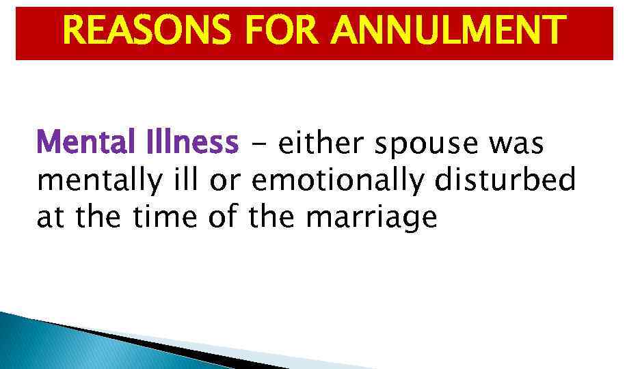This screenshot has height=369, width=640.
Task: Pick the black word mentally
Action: click(x=99, y=182)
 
